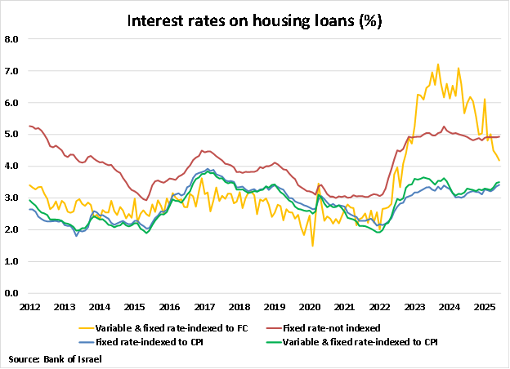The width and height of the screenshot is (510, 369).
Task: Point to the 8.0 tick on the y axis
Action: [x=12, y=38]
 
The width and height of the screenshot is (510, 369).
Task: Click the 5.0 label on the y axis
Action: [x=12, y=135]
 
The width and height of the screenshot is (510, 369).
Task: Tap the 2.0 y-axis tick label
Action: [x=12, y=230]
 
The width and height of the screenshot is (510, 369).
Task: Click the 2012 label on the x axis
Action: [x=29, y=307]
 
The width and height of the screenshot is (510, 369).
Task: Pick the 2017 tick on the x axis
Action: [x=204, y=307]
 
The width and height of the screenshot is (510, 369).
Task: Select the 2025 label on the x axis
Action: [x=483, y=307]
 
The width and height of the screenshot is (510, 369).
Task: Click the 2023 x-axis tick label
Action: [x=414, y=307]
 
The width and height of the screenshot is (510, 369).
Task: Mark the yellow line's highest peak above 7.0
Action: [x=439, y=64]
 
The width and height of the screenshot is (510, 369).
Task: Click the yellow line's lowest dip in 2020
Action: [x=312, y=246]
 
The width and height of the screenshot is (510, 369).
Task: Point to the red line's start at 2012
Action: [x=29, y=126]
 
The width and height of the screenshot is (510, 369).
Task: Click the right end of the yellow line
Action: [x=500, y=160]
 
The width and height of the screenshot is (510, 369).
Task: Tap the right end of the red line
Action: [x=500, y=136]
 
